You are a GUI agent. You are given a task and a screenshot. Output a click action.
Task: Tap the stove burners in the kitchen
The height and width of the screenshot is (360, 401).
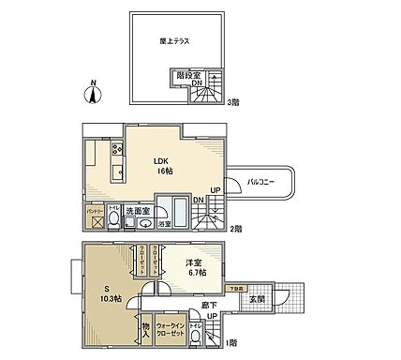(x=117, y=150)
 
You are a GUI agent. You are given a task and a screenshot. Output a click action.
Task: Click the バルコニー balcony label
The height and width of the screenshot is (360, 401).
(x=260, y=182)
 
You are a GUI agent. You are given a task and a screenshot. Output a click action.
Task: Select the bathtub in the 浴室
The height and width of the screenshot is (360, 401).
(x=176, y=209)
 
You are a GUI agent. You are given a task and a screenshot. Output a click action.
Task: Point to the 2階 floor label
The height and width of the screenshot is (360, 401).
(x=238, y=227)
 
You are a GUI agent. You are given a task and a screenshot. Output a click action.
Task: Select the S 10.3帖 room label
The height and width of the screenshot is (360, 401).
(x=111, y=293)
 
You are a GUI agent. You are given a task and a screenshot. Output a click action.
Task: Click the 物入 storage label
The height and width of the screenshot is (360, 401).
(x=145, y=327)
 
